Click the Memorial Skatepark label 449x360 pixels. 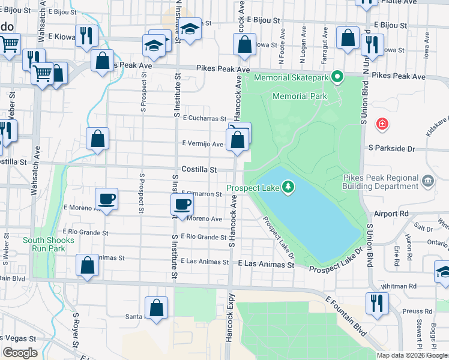click(x=292, y=77)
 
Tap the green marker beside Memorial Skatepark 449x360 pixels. click(x=338, y=77)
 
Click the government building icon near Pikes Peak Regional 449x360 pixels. click(x=428, y=181)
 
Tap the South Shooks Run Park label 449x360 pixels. click(x=49, y=244)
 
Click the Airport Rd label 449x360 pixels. click(x=390, y=214)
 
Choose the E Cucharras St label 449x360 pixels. click(x=205, y=119)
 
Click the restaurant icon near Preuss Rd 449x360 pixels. click(x=377, y=303)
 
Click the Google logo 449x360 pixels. click(x=20, y=353)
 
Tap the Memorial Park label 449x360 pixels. click(x=300, y=96)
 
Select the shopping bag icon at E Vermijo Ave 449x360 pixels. click(x=238, y=140)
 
